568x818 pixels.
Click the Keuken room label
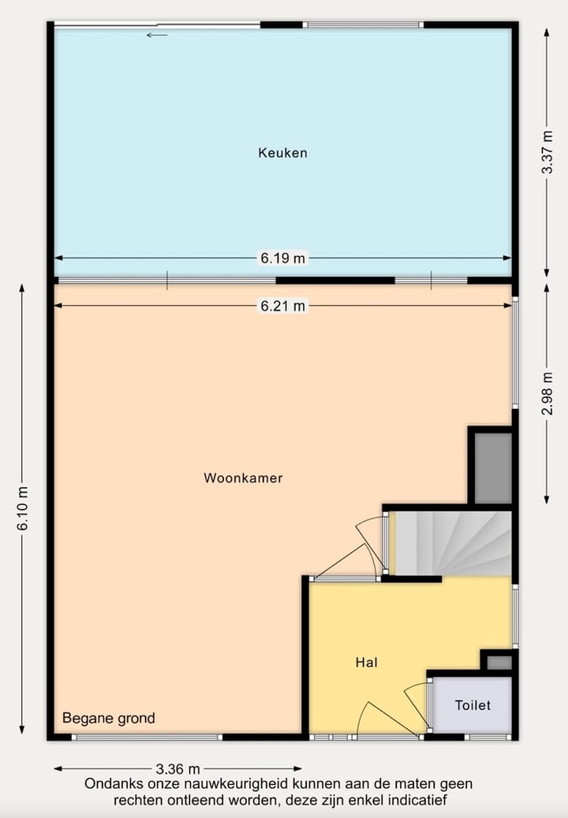tap(282, 153)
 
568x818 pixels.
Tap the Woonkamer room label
tap(243, 478)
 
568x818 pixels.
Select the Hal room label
tap(366, 663)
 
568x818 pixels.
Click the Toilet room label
tap(473, 705)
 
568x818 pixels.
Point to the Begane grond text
tap(109, 718)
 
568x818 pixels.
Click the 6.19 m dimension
tap(282, 258)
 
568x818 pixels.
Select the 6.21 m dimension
tap(282, 306)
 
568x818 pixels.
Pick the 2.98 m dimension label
tap(547, 393)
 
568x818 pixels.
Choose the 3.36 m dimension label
tap(177, 768)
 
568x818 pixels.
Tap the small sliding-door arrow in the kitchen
tap(157, 35)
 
